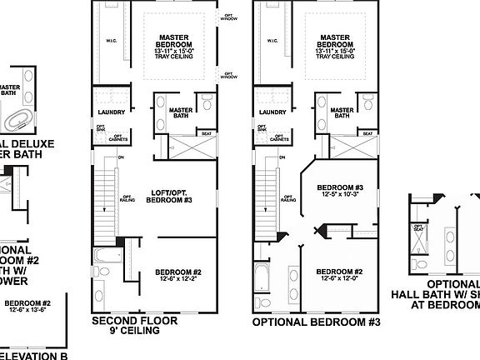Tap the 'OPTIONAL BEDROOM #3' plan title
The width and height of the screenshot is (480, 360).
316,321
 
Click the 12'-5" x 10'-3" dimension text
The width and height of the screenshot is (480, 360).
340,194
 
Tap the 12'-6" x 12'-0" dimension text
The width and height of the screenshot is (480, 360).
338,279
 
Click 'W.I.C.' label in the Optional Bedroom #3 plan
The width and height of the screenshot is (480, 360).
271,39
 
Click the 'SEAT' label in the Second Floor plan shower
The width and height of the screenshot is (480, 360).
206,133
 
